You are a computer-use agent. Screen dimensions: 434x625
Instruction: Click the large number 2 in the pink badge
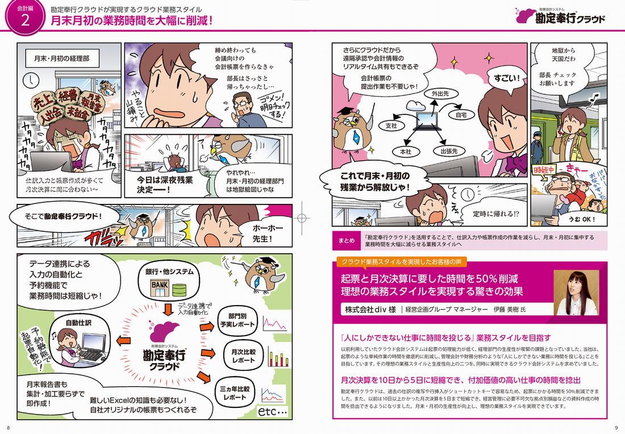pos(24,22)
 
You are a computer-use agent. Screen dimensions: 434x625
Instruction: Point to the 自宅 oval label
pos(461,115)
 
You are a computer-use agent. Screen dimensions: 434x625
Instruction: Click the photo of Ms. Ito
pos(577,293)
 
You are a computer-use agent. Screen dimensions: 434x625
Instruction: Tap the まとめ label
pos(346,240)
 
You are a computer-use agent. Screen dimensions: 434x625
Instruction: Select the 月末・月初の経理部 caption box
pos(61,59)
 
